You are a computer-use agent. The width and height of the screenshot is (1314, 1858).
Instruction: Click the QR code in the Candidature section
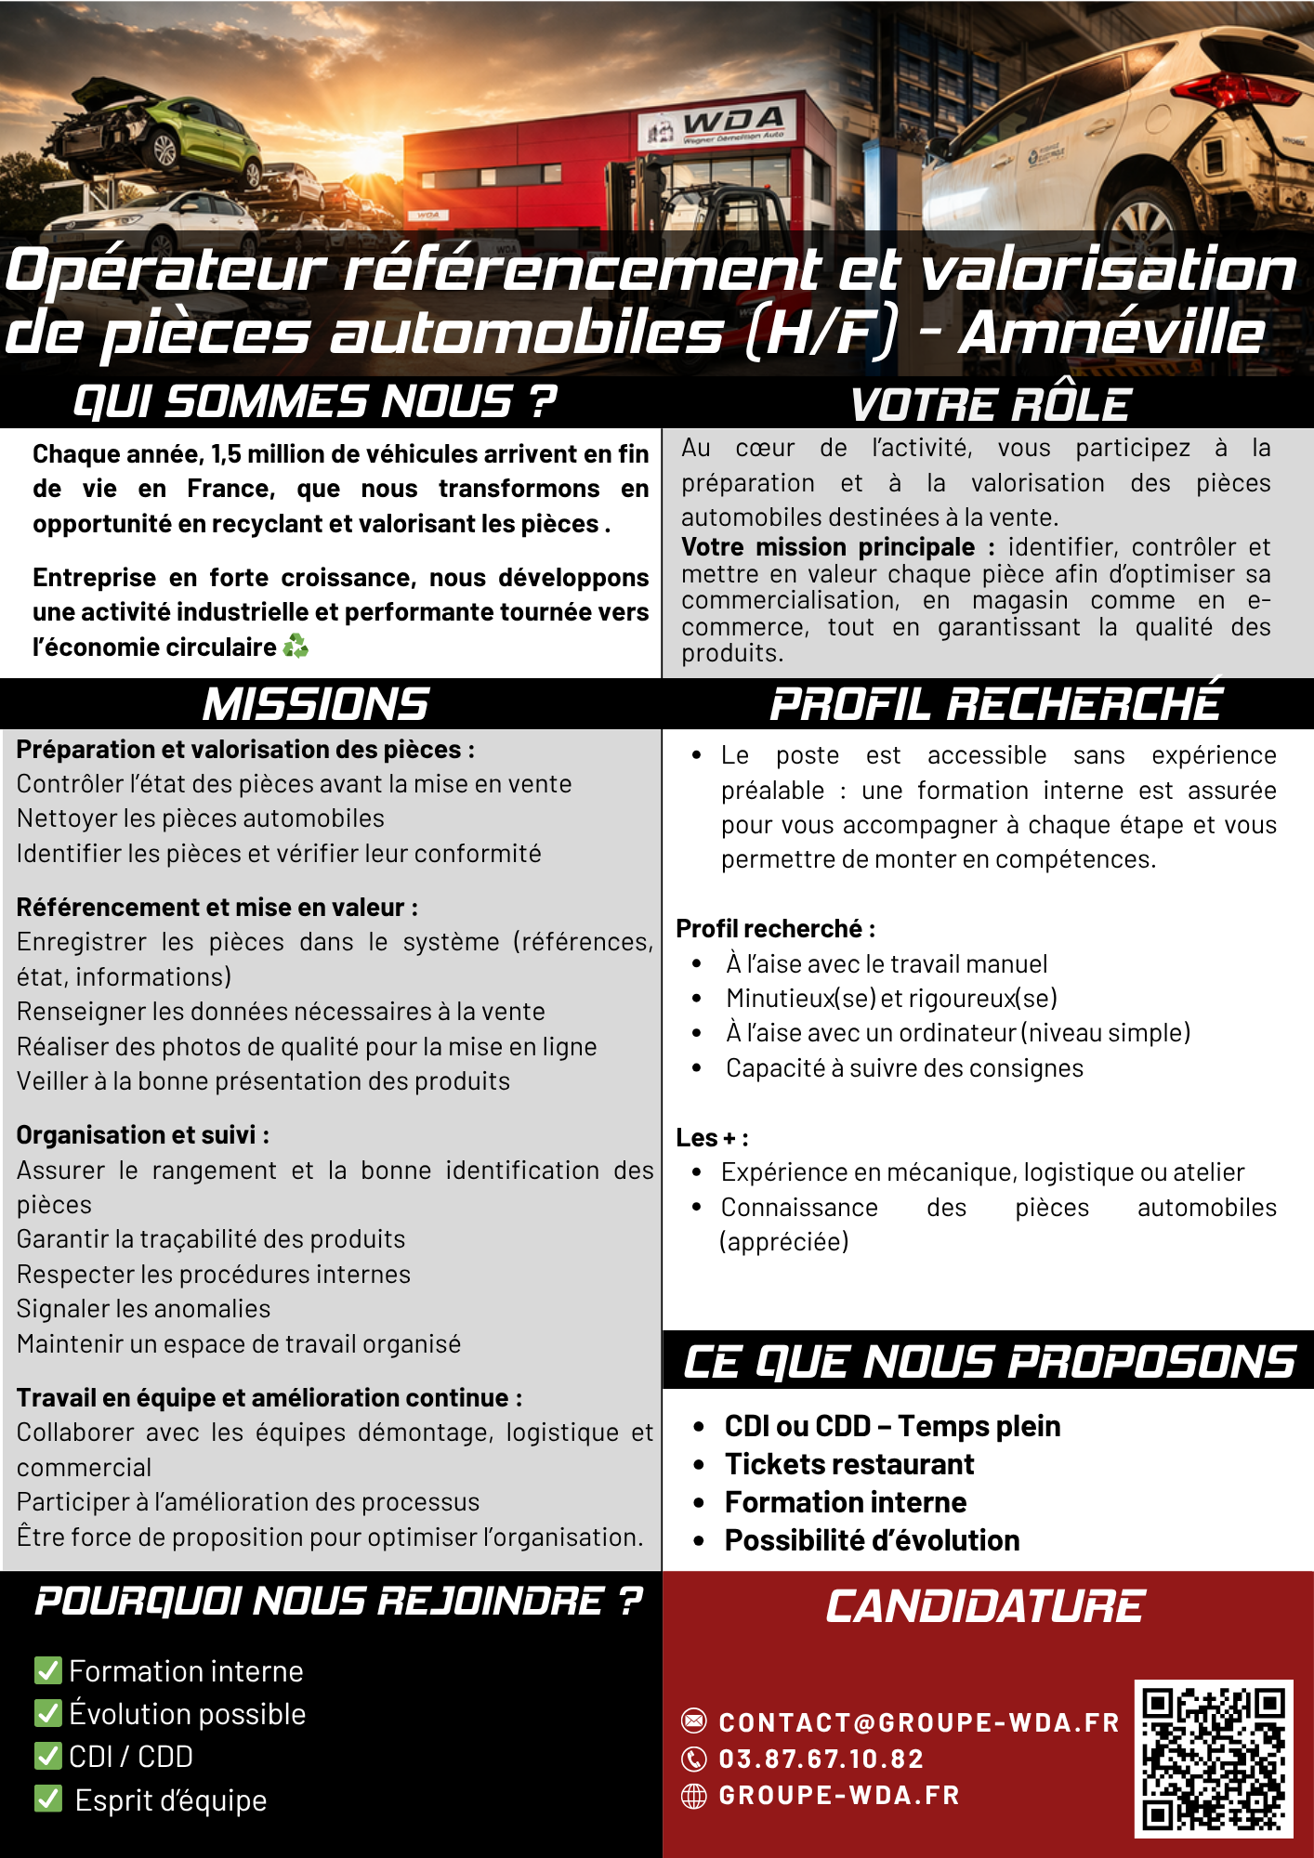pos(1213,1758)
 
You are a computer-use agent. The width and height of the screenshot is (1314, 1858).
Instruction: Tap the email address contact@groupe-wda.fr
pos(919,1722)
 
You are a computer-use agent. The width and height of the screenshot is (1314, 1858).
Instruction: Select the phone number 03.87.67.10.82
pos(821,1759)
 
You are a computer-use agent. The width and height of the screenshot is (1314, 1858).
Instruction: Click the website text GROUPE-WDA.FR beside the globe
pos(839,1795)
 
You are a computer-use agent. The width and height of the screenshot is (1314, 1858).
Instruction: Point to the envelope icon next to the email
pos(694,1721)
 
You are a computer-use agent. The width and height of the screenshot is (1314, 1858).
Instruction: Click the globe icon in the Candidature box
pos(694,1796)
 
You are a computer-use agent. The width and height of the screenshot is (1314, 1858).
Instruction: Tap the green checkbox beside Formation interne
pos(47,1670)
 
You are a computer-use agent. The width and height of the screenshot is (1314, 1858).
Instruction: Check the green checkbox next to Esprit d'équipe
pos(47,1799)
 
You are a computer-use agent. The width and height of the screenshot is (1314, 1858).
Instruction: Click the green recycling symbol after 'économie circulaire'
pos(296,646)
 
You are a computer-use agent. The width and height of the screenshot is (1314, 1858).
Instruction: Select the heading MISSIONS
pos(316,704)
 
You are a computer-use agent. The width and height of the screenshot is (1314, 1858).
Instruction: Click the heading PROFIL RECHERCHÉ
pos(995,703)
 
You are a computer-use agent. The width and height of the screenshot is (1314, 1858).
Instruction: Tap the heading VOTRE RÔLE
pos(991,405)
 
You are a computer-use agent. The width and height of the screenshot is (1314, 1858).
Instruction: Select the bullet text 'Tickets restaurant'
pos(849,1464)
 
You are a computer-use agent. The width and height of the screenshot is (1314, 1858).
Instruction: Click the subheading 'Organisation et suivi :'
pos(143,1135)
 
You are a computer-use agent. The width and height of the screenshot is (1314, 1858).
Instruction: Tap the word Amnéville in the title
pos(1111,333)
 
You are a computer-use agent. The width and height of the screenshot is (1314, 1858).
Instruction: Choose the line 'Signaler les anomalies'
pos(144,1309)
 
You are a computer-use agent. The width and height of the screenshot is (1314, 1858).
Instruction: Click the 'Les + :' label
pos(712,1138)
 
